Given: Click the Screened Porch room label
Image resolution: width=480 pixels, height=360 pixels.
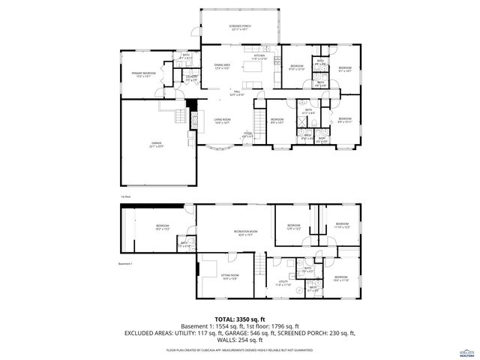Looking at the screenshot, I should [x=240, y=27].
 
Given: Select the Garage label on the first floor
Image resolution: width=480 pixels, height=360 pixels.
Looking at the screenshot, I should [x=157, y=145].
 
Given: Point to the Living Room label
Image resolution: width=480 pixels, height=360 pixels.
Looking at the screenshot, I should [x=222, y=121].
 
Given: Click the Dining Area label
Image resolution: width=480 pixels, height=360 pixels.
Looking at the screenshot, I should [x=222, y=67].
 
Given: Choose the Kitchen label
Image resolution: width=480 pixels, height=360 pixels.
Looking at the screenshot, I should [x=259, y=56].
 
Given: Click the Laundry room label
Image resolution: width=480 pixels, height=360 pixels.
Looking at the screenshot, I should [x=191, y=78].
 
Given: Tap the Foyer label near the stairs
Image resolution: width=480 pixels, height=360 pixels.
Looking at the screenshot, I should [x=247, y=135].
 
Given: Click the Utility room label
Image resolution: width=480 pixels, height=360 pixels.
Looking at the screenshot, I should [x=282, y=283].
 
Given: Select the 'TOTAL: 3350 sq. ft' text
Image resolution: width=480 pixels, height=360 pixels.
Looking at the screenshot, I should [x=239, y=319].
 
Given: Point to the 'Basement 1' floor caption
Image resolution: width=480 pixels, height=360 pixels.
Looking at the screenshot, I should [x=125, y=264].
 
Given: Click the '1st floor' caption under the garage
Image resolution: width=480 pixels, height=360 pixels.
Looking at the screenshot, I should [x=125, y=196].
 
